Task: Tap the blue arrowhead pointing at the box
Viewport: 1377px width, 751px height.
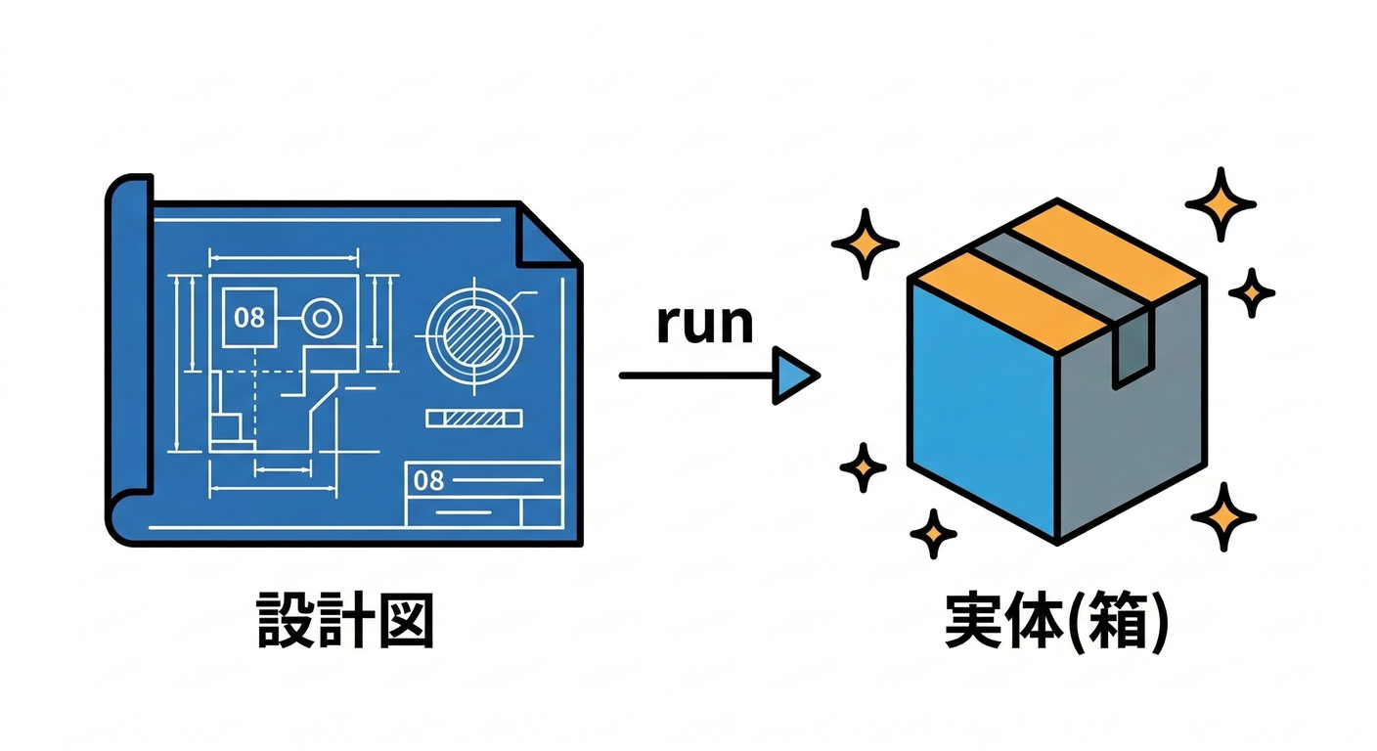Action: (794, 375)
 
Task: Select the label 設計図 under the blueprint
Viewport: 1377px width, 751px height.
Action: (345, 620)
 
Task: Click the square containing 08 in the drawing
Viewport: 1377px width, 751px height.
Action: (249, 317)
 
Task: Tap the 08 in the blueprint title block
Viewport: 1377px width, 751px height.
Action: (429, 480)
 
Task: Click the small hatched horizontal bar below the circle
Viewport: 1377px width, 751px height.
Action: (474, 418)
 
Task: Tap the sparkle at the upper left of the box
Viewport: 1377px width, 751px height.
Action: (865, 243)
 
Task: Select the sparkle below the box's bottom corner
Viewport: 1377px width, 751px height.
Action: (934, 534)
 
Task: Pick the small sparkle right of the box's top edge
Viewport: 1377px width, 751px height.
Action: (1252, 291)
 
